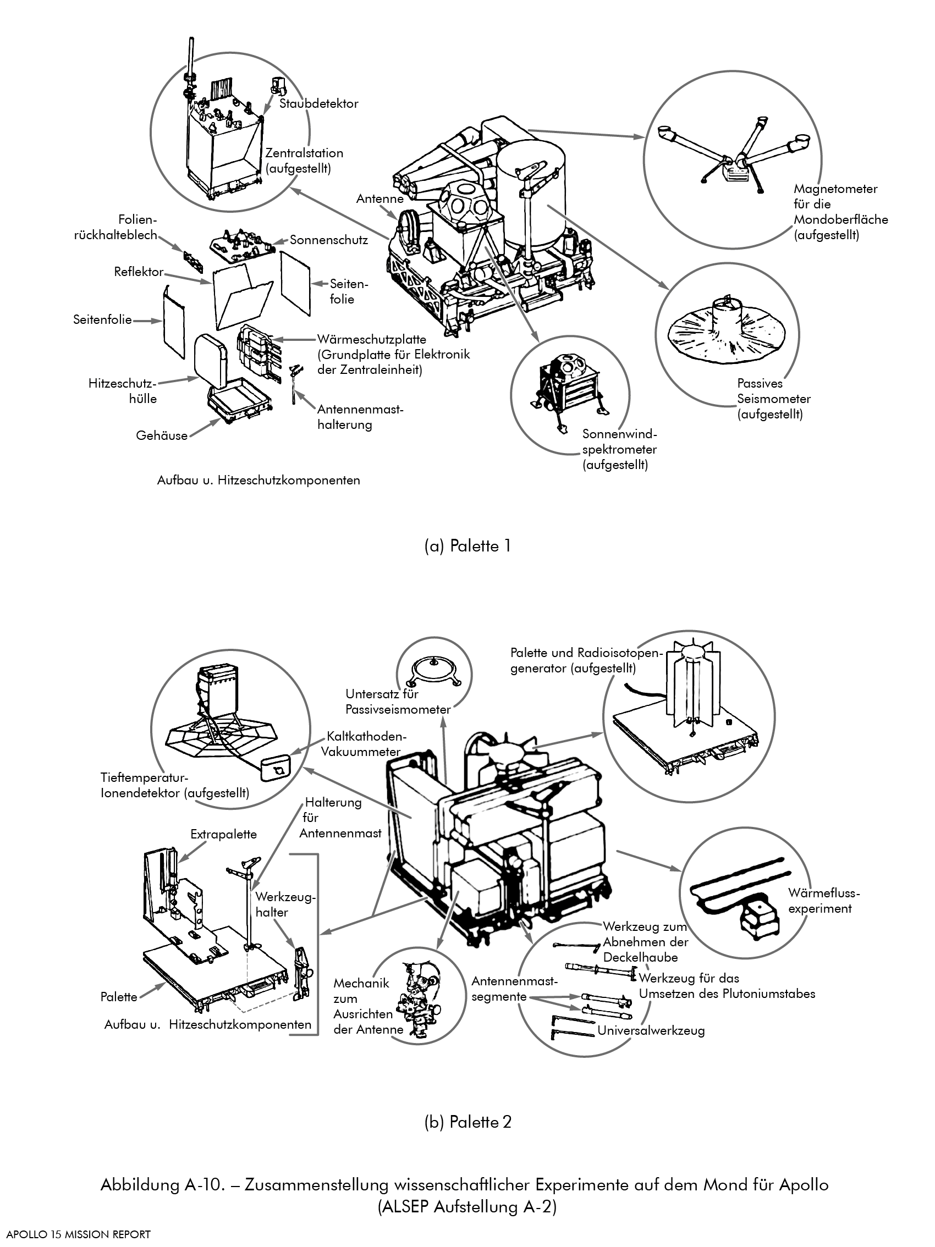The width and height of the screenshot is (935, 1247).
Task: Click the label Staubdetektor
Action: click(x=318, y=104)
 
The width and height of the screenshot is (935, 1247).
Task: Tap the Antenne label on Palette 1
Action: click(x=380, y=198)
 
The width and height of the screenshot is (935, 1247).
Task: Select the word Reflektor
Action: click(x=139, y=272)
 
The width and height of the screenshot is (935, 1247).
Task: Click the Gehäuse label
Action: click(x=162, y=435)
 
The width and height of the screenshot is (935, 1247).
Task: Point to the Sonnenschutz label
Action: click(x=329, y=240)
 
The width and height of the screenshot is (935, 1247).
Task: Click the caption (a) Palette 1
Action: click(x=468, y=546)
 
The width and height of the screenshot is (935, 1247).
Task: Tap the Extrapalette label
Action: click(x=223, y=834)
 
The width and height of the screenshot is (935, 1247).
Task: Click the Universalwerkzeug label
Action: click(x=651, y=1030)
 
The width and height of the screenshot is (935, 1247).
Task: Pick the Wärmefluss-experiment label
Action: click(x=823, y=900)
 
